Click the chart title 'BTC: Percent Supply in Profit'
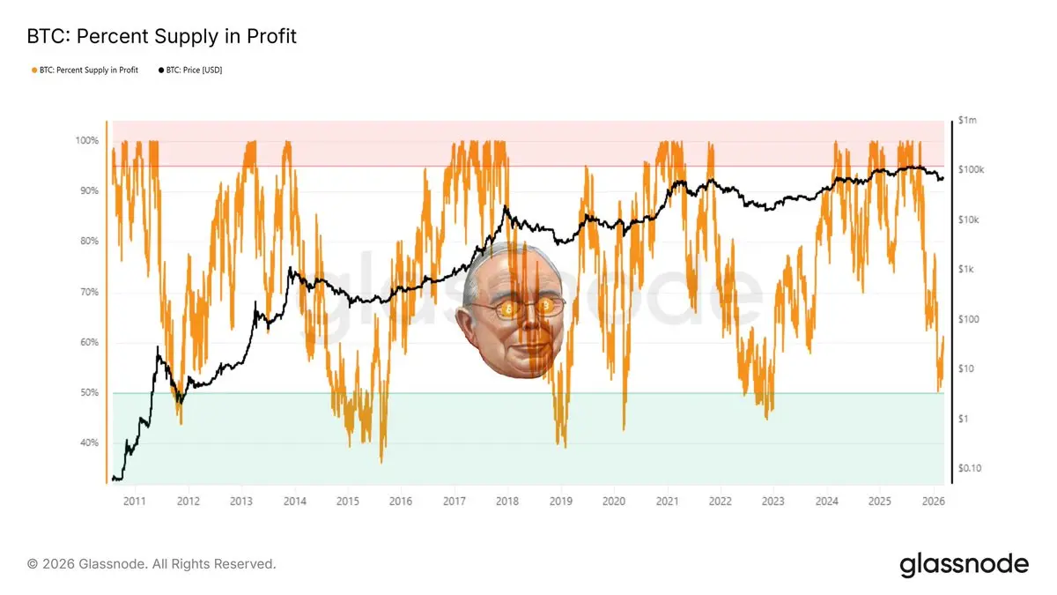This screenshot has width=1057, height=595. [162, 36]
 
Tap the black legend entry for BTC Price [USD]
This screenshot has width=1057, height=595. [189, 71]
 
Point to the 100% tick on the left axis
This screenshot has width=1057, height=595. [87, 141]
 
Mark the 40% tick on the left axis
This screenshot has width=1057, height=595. [89, 443]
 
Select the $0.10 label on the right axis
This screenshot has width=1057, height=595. [970, 468]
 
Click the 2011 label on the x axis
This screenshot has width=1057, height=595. [134, 502]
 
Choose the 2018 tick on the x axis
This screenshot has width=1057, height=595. [506, 502]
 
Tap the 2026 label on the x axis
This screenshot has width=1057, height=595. [933, 502]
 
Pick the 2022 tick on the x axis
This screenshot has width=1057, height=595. [720, 502]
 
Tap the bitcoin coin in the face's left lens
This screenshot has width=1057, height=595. [509, 309]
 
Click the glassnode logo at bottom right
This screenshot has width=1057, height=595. [964, 564]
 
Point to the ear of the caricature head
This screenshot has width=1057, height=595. [466, 322]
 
